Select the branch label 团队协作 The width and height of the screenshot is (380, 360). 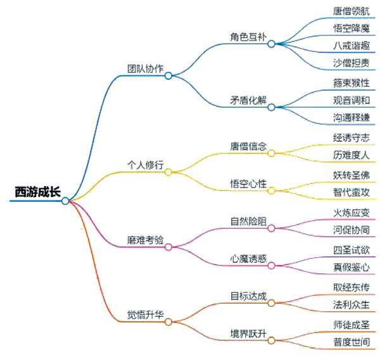click(x=145, y=68)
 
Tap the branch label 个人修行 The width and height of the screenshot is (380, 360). click(x=145, y=165)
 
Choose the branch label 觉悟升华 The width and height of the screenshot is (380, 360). click(x=145, y=314)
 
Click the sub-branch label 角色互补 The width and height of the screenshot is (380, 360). click(x=248, y=36)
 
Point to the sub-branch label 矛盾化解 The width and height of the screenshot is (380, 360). click(x=248, y=100)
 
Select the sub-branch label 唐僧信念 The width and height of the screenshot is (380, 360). click(x=248, y=146)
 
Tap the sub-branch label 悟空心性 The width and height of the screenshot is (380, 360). click(x=248, y=184)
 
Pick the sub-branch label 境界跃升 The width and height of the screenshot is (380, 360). click(x=248, y=333)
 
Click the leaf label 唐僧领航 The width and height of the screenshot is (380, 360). click(x=351, y=11)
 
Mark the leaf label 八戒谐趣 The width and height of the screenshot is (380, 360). click(x=351, y=46)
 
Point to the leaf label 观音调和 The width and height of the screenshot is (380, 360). click(x=351, y=100)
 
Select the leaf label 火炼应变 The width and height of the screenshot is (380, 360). click(x=351, y=212)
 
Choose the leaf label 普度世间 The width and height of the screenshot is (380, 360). click(x=351, y=342)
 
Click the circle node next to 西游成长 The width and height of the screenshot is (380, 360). click(x=65, y=201)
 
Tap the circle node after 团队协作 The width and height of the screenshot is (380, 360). click(x=168, y=75)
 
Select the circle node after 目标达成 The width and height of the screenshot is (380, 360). click(x=271, y=304)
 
